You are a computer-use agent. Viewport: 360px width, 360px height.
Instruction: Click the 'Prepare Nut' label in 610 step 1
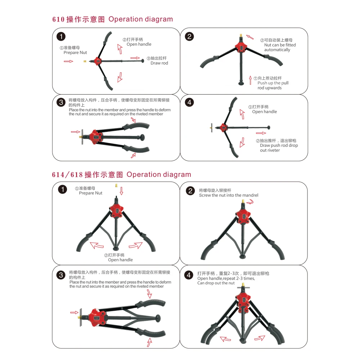(75, 53)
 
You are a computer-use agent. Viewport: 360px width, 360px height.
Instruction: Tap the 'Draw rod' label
(159, 63)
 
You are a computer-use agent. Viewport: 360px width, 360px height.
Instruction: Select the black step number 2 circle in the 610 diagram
(189, 36)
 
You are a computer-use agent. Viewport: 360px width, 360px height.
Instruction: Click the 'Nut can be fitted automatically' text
(280, 47)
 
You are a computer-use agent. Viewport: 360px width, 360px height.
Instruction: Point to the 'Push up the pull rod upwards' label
(273, 85)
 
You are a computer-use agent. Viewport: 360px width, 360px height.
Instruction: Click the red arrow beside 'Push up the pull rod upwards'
(251, 80)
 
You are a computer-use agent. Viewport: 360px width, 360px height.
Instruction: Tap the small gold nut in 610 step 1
(85, 61)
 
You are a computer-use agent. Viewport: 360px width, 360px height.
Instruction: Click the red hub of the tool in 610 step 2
(240, 48)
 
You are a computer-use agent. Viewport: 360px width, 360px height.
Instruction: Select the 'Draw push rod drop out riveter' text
(279, 148)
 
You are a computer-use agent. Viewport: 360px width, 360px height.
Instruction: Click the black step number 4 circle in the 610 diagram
(189, 102)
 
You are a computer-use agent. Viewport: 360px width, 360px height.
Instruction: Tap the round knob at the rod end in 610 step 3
(142, 137)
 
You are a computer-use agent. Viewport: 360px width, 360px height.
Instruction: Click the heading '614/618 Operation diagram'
(121, 175)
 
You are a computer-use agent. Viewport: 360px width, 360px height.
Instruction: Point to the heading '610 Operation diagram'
(112, 19)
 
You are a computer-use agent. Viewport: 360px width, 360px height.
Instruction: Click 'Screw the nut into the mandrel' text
(229, 195)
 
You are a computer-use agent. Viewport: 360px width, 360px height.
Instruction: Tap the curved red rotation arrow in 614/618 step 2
(250, 202)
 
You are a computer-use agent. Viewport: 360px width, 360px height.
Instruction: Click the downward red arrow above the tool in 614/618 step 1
(121, 191)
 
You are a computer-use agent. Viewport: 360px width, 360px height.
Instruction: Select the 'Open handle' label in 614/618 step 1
(120, 260)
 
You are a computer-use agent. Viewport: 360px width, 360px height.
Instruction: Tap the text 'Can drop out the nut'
(216, 283)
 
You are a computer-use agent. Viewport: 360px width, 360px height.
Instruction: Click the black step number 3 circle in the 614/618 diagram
(61, 275)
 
